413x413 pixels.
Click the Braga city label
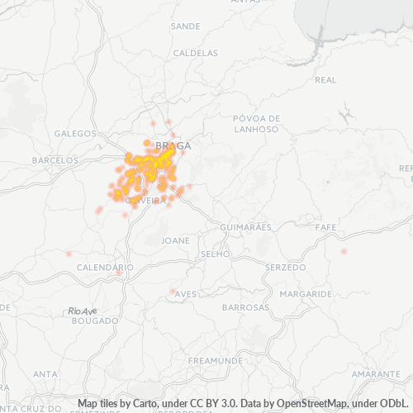(x=173, y=145)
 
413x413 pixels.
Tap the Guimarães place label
(x=246, y=226)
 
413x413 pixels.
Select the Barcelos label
(x=55, y=159)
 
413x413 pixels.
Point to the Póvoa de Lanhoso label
(x=257, y=122)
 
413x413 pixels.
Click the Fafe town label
(x=325, y=226)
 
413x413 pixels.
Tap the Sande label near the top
(x=184, y=26)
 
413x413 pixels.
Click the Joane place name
(x=176, y=240)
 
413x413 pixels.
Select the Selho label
(x=216, y=254)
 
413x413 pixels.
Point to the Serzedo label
(x=285, y=268)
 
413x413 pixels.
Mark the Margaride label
(x=306, y=294)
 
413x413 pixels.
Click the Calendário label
(x=105, y=268)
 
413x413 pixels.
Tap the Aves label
(x=186, y=294)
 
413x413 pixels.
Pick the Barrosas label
(x=246, y=307)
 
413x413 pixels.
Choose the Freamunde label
(x=215, y=361)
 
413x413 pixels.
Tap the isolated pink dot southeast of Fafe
(x=344, y=251)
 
